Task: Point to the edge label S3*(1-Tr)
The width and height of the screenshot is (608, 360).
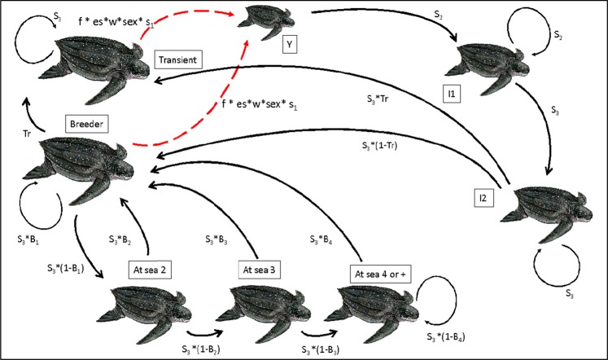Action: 388,147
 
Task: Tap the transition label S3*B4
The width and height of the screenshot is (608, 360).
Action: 319,239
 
